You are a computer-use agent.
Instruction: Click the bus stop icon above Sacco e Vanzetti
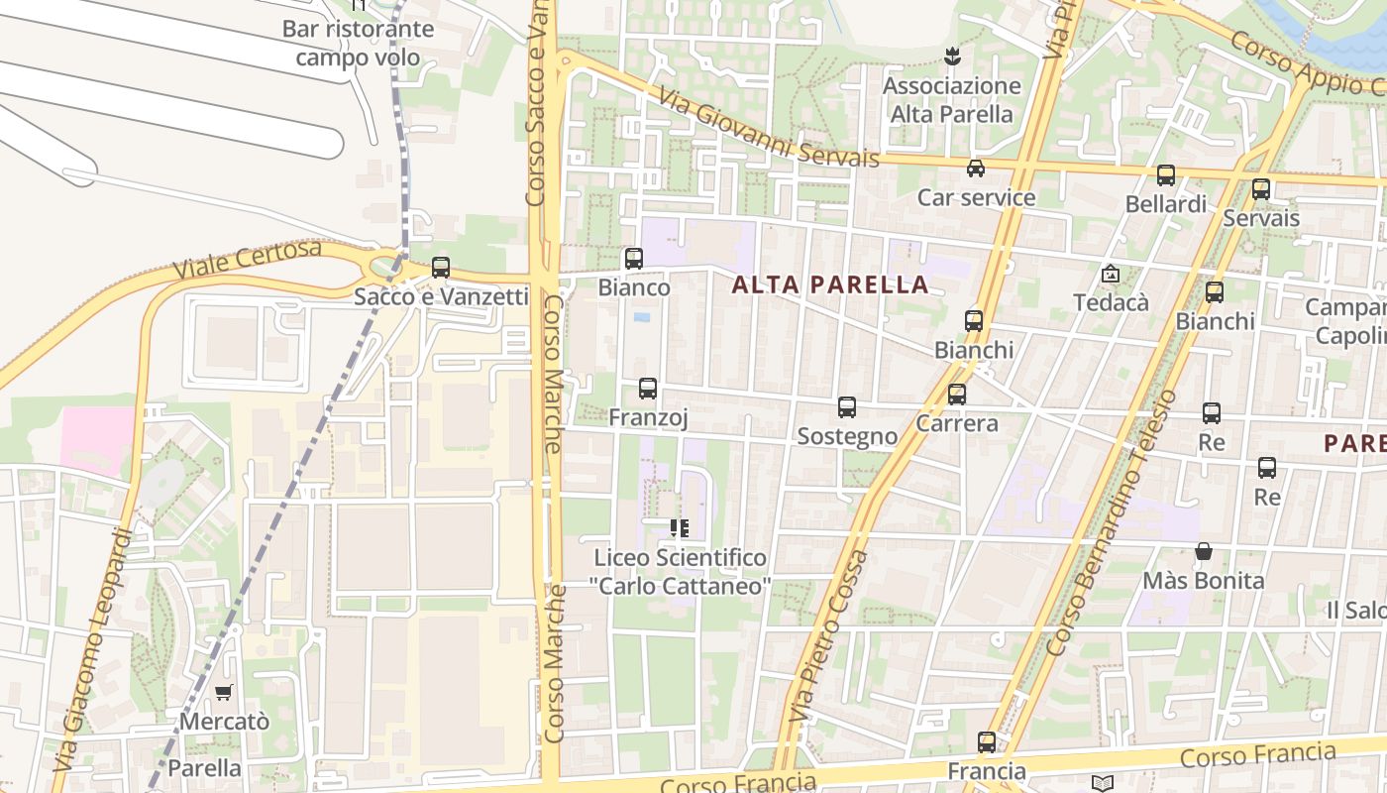click(x=441, y=268)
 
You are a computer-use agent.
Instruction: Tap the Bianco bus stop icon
click(x=633, y=259)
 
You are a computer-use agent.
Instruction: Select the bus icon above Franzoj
click(x=648, y=389)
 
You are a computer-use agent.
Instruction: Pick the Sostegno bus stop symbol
click(x=847, y=406)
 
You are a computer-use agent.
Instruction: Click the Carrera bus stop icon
click(x=957, y=395)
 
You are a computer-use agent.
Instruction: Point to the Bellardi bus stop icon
click(x=1166, y=175)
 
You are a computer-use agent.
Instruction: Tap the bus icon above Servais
click(x=1261, y=188)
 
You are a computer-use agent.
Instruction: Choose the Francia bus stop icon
click(x=987, y=741)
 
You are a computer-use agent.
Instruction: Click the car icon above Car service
click(x=976, y=168)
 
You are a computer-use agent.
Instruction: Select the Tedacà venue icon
click(x=1111, y=274)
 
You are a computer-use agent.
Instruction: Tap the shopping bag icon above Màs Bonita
click(x=1204, y=551)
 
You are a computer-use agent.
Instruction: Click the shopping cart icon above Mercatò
click(x=224, y=693)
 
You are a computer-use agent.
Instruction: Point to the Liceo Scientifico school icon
click(x=679, y=528)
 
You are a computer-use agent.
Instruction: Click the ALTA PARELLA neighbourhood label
click(x=830, y=285)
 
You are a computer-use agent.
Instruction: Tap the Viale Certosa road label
click(x=248, y=260)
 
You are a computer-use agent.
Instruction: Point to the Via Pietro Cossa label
click(x=828, y=634)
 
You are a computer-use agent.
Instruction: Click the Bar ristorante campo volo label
click(x=358, y=43)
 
